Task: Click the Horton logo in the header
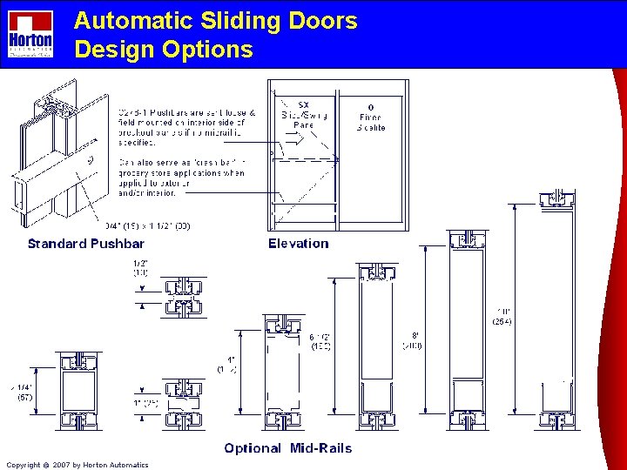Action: click(30, 34)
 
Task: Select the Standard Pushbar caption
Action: click(85, 244)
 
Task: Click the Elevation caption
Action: click(299, 244)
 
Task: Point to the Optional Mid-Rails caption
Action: click(288, 448)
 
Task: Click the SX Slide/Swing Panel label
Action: click(304, 116)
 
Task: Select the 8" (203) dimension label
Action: click(413, 340)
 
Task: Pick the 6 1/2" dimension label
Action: click(320, 340)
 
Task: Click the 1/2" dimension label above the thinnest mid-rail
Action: click(141, 267)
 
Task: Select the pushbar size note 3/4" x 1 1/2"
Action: click(148, 226)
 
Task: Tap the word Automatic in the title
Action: click(128, 21)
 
